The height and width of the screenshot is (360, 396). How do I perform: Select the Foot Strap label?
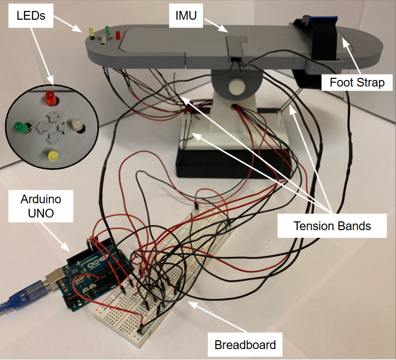pyautogui.click(x=357, y=83)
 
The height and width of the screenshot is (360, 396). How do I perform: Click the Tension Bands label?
pyautogui.click(x=332, y=226)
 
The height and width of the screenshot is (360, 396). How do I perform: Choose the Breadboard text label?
pyautogui.click(x=245, y=345)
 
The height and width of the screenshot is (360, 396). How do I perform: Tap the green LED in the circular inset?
pyautogui.click(x=21, y=128)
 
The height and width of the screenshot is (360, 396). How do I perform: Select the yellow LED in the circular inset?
pyautogui.click(x=53, y=155)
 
